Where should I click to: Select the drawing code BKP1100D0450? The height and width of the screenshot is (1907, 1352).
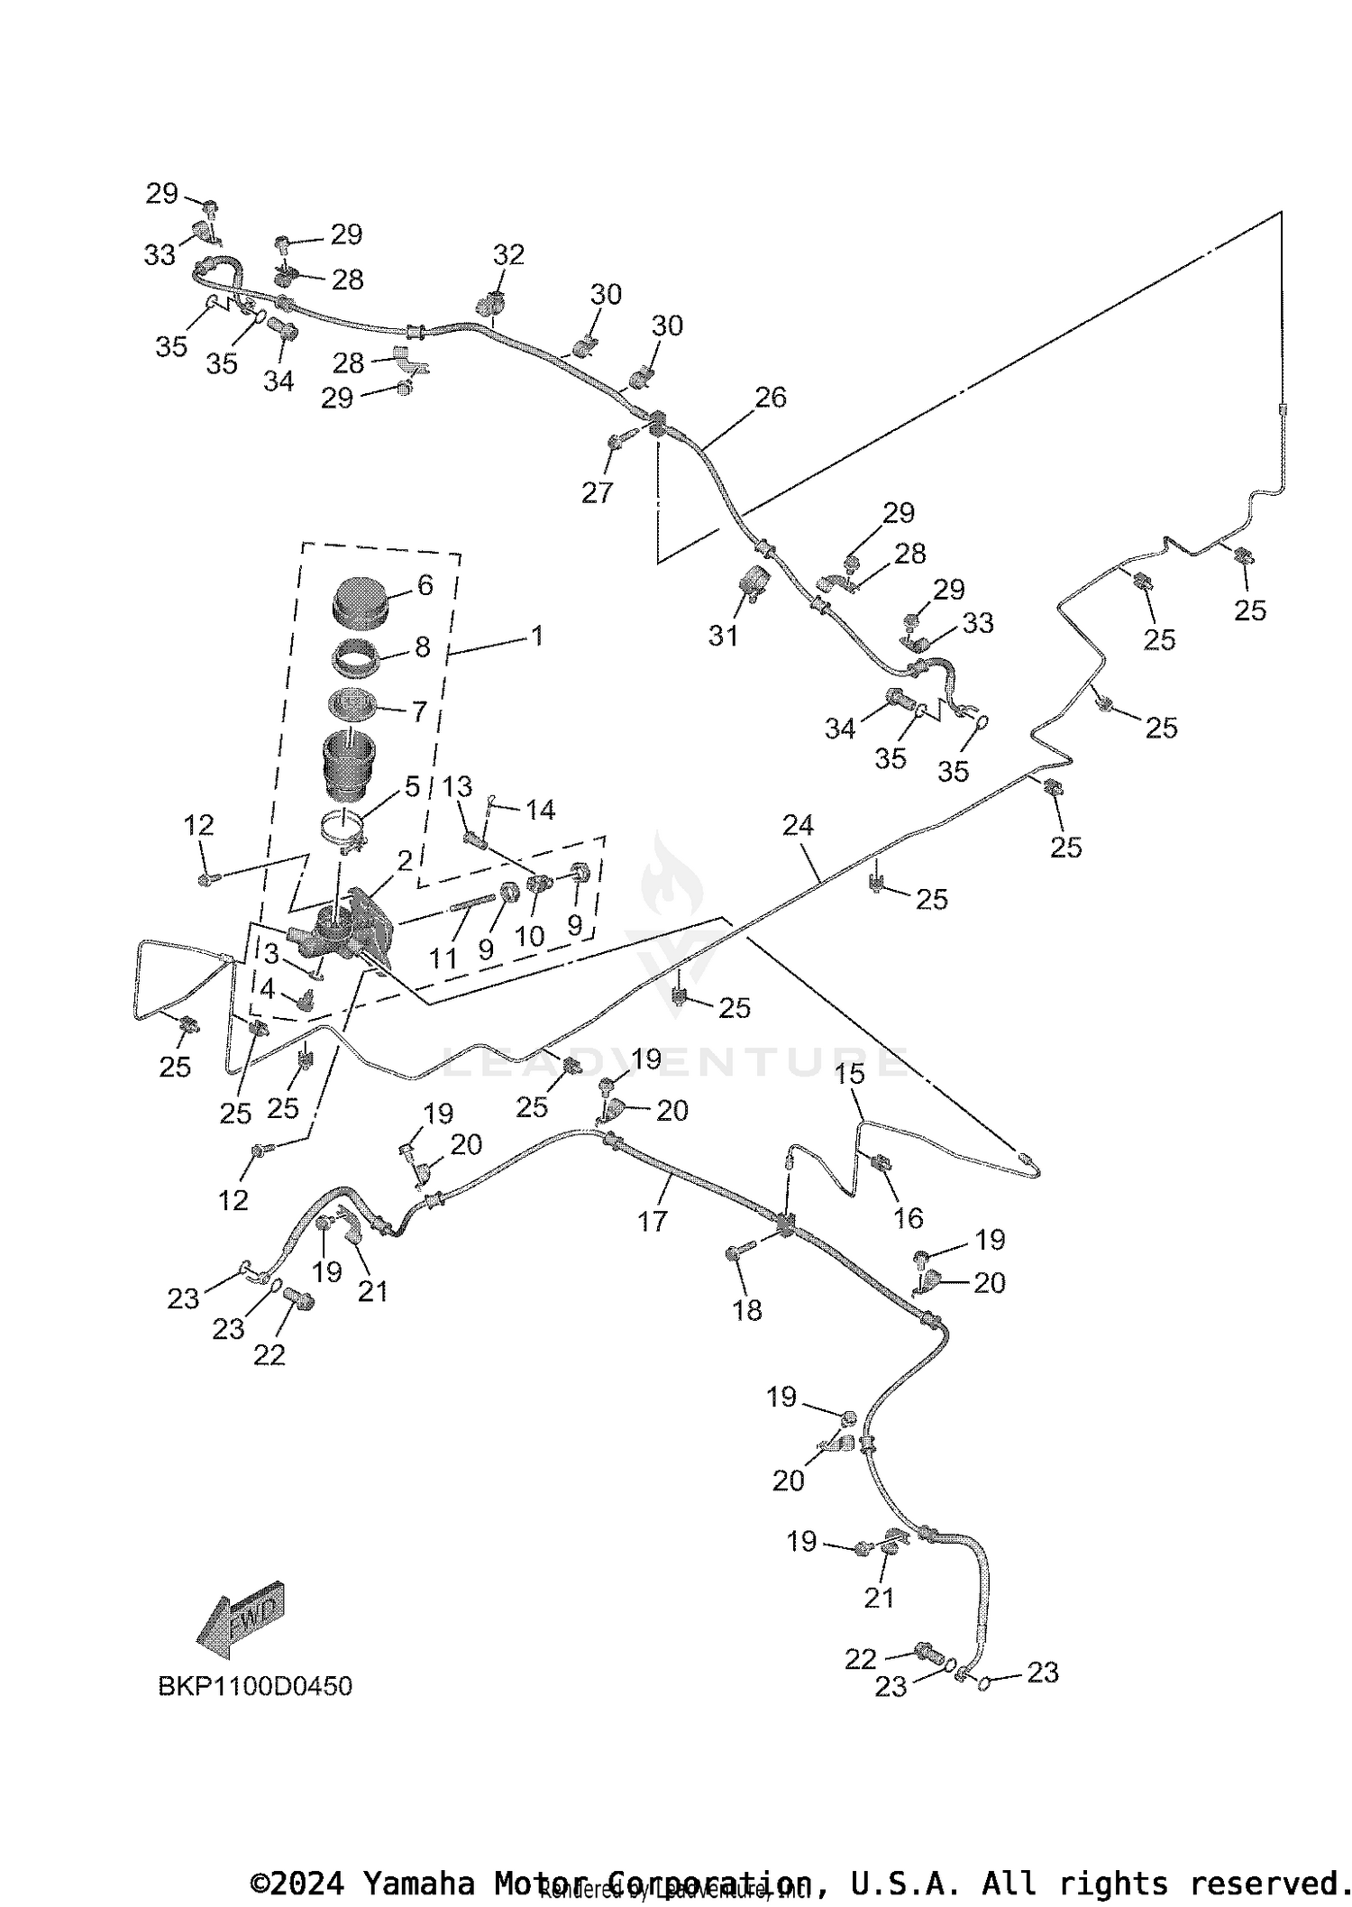point(255,1685)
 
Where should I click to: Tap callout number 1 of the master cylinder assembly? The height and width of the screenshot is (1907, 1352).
point(537,637)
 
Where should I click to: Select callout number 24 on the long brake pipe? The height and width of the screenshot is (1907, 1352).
point(798,825)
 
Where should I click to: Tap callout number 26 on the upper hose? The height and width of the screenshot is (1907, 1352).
point(771,398)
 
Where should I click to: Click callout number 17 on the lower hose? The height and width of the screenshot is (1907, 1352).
point(652,1221)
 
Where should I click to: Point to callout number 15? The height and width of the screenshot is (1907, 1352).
point(850,1073)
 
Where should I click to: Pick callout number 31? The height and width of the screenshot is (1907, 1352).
point(723,636)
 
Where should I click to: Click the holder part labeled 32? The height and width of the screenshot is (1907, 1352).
point(491,304)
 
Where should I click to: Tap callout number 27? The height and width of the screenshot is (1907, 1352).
point(597,492)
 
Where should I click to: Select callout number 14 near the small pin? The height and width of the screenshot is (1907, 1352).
point(540,810)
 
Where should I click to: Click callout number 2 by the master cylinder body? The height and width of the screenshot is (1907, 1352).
point(405,860)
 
